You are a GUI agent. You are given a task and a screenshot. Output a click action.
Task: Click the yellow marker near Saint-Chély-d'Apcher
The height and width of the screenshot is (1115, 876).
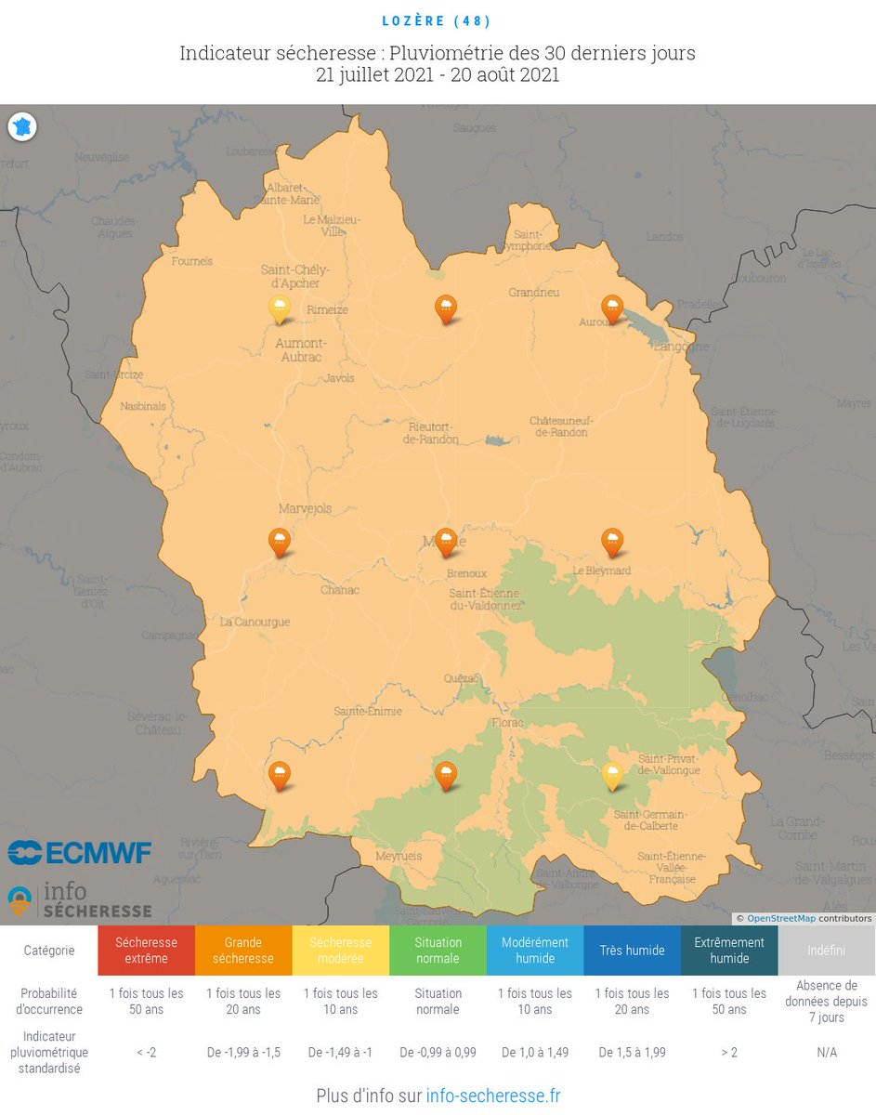coord(279,308)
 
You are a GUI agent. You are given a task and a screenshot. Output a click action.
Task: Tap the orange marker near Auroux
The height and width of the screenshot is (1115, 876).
coord(612,308)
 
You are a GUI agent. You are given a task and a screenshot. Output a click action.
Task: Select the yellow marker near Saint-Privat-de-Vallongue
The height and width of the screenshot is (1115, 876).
coord(612,774)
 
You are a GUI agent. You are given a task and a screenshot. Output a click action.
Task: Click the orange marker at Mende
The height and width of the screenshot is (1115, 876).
coord(446,541)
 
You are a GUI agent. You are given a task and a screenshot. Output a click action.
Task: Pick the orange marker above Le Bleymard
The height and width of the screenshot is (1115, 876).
coord(612,541)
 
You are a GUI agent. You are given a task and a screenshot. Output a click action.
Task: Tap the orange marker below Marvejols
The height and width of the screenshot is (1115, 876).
coord(279,541)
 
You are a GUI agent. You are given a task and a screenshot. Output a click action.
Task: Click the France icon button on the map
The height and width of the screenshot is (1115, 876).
coord(22,127)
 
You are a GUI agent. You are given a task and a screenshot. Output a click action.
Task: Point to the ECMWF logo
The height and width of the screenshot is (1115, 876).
coord(79,852)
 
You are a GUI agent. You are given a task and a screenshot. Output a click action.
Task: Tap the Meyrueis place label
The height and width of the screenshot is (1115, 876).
coord(398,856)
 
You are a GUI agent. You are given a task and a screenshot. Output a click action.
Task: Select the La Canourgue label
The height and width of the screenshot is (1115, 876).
coord(255,622)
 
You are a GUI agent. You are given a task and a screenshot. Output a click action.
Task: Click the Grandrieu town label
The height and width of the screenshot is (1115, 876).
coord(533,292)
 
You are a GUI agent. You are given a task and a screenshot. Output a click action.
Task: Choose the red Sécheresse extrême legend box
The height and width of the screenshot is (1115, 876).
coord(146,950)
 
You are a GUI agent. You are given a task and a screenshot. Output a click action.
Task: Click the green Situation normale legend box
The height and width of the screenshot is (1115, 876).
coord(438,950)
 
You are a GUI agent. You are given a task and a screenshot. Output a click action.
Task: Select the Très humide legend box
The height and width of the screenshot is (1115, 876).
coord(632,950)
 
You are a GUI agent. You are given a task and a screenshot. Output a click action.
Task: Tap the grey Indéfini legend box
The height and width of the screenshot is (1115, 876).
coord(826,950)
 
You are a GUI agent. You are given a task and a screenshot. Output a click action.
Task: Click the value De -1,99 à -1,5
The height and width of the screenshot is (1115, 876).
coord(243,1053)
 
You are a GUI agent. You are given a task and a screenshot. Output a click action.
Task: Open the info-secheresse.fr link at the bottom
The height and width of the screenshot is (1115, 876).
coord(492,1095)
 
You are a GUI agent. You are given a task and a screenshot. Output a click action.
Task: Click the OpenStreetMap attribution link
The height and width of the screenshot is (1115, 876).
coord(780,919)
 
